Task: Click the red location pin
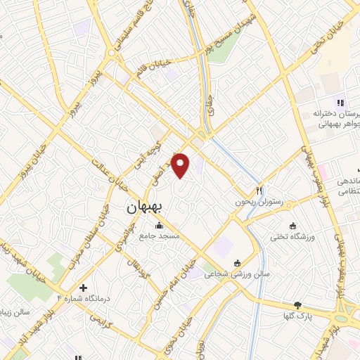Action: [x=181, y=165]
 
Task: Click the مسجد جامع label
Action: [x=159, y=236]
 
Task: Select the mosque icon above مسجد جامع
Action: [x=159, y=226]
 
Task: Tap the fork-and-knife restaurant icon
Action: [x=259, y=190]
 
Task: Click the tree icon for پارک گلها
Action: [x=297, y=305]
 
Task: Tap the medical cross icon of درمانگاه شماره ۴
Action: [x=83, y=288]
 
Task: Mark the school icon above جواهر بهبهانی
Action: [x=340, y=103]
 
